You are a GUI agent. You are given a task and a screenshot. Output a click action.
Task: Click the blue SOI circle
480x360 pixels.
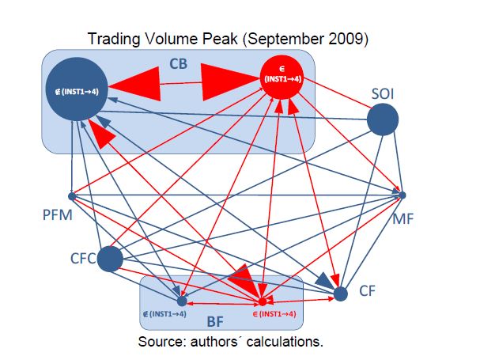[x=383, y=120]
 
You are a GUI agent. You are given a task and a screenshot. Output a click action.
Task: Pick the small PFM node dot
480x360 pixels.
[x=71, y=195]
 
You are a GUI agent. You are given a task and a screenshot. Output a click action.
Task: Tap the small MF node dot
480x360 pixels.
[x=403, y=194]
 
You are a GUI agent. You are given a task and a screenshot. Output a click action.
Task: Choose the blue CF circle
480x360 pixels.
[x=341, y=294]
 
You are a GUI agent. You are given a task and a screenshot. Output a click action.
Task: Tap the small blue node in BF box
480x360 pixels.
[x=182, y=301]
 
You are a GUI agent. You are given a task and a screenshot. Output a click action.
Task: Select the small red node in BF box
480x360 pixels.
[x=262, y=301]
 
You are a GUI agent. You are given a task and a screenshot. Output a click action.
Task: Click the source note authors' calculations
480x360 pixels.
[x=230, y=342]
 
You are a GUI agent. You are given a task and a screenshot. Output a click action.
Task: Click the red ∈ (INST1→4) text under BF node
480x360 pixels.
[x=274, y=314]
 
